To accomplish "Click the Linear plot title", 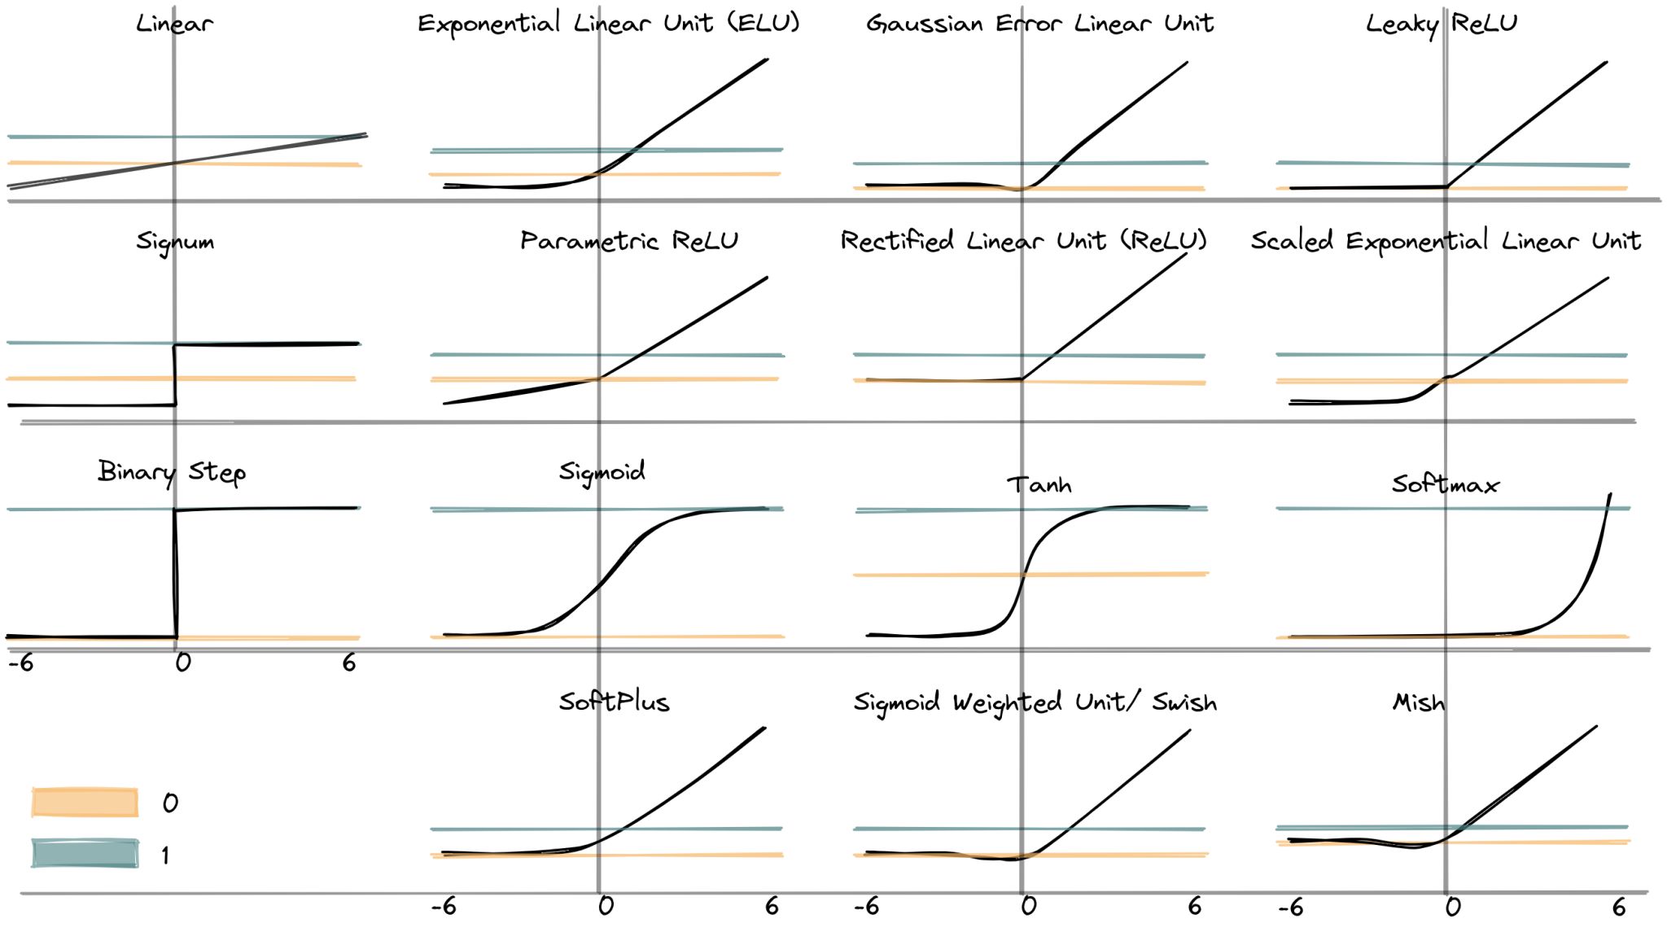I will (174, 23).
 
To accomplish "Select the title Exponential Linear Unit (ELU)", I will (608, 23).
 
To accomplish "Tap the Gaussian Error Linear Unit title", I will (1039, 23).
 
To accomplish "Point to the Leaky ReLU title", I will (1442, 23).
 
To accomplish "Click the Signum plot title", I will (175, 241).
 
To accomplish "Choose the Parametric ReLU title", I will (629, 241).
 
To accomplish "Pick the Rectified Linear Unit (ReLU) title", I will (1023, 241).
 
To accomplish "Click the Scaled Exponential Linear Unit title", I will (1446, 241).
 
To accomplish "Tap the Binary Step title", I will (172, 472).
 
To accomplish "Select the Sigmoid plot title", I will (602, 471).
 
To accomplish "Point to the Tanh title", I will (1039, 485).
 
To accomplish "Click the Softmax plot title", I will (1445, 485).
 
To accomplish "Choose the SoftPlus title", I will (614, 702).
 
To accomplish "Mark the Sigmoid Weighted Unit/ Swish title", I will (1035, 702).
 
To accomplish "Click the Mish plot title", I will (1419, 702).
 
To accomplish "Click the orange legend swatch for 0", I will (85, 802).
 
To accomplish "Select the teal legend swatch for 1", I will (85, 853).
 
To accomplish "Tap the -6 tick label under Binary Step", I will (20, 663).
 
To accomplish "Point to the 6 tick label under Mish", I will (1619, 906).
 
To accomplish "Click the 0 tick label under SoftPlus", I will (606, 906).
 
